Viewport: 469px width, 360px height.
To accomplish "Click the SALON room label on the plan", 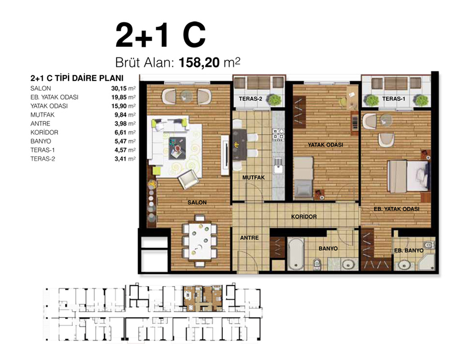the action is click(197, 203).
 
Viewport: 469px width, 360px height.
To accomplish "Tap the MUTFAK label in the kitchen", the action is click(253, 178).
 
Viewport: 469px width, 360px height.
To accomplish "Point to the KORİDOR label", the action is click(304, 216).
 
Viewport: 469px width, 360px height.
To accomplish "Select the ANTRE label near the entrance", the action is click(249, 237).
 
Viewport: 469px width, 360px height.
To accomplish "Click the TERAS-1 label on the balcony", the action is click(393, 99).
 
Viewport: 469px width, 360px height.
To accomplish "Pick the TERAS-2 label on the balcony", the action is click(250, 99).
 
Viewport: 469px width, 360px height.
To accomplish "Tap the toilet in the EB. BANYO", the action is click(429, 244).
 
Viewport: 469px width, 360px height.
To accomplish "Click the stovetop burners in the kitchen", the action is click(278, 134).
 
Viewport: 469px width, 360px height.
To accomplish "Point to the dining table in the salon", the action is click(200, 241).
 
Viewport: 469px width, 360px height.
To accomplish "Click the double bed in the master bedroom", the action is click(409, 176).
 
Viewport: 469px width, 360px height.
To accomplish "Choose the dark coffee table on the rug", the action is click(177, 148).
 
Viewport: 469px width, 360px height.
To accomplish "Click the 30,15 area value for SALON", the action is click(119, 89).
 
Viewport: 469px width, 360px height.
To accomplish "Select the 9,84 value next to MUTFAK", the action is click(120, 115).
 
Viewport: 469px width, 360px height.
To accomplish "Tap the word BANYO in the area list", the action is click(40, 141).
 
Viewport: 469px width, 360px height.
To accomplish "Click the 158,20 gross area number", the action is click(199, 63).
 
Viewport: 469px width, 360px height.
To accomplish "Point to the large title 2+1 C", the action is click(161, 35).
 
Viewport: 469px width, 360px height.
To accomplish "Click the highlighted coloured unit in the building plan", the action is click(202, 298).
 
